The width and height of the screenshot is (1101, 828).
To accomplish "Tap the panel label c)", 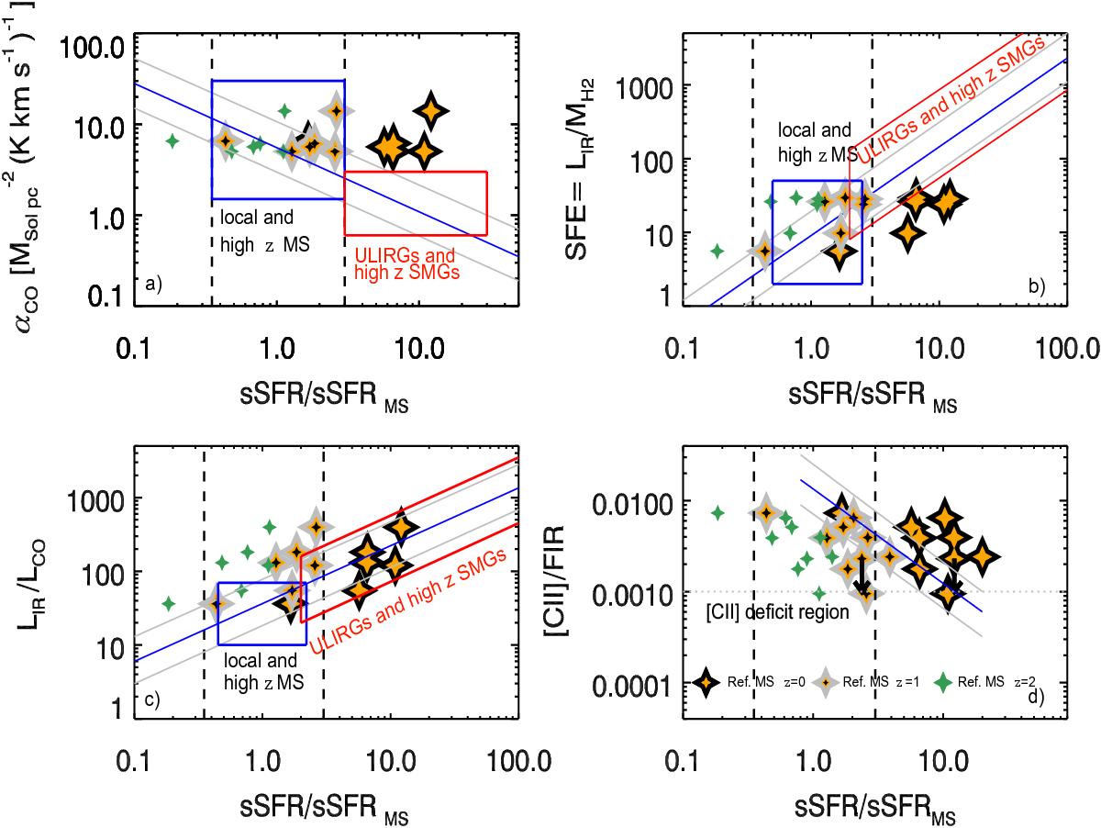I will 151,701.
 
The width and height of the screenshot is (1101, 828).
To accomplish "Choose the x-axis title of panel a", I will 317,375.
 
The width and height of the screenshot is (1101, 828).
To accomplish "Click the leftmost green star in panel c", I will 169,603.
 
